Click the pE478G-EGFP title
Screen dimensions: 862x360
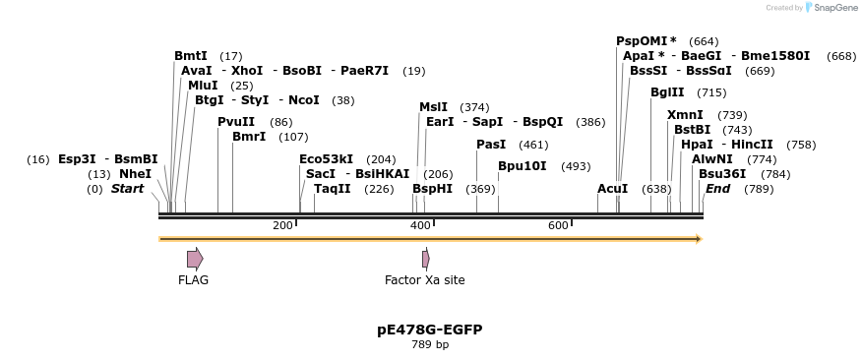[429, 330]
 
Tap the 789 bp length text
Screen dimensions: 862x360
[429, 345]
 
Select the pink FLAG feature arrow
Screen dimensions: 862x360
[195, 259]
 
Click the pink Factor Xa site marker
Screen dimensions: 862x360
[425, 259]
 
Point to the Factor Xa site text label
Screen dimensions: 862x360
[424, 280]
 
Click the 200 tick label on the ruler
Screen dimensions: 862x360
[282, 226]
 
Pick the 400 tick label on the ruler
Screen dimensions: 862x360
[420, 226]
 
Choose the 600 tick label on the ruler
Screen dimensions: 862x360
[558, 226]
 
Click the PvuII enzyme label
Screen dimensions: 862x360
[236, 122]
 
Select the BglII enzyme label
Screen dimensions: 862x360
[667, 92]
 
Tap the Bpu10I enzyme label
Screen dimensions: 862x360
[523, 166]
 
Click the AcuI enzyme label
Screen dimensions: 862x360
[612, 189]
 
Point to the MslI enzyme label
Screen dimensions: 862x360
[433, 107]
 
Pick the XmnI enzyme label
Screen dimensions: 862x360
[685, 115]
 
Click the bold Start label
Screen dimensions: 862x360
[127, 189]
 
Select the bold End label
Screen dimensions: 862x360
[717, 189]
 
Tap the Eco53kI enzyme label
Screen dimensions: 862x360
[326, 159]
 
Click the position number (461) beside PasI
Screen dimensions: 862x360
[533, 145]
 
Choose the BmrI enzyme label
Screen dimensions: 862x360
[249, 137]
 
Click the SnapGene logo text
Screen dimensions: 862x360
[832, 8]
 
